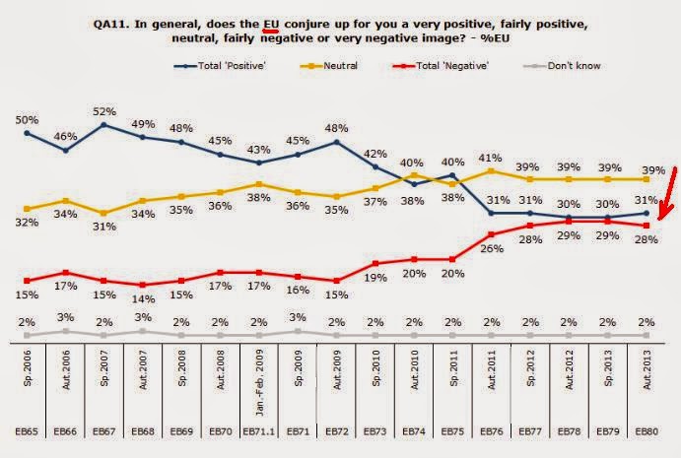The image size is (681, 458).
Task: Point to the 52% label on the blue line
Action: [x=103, y=112]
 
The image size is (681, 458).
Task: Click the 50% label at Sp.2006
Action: [x=27, y=118]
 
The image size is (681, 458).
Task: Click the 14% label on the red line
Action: [x=143, y=298]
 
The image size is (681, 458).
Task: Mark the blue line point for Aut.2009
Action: [x=336, y=142]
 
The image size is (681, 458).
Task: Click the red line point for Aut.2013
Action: [x=646, y=226]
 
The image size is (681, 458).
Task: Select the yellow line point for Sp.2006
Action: [x=27, y=209]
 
